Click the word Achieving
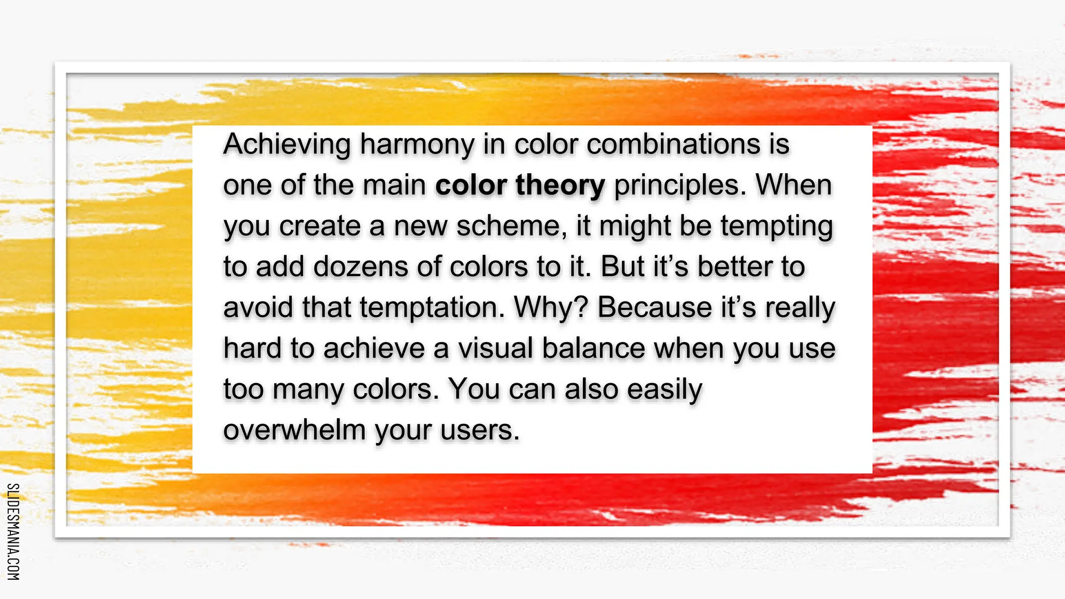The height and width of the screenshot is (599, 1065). tap(287, 145)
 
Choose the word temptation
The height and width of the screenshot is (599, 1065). tap(432, 308)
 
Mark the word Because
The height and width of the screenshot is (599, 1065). tap(655, 307)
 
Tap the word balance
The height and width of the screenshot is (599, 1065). tap(593, 348)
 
